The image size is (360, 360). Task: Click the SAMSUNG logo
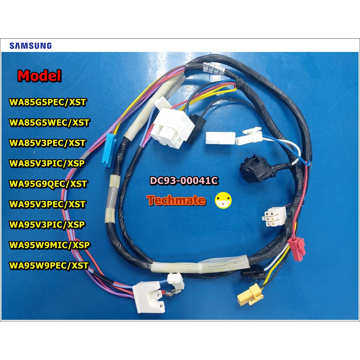(31, 46)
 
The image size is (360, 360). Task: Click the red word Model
(39, 76)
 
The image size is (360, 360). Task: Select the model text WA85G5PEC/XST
(48, 102)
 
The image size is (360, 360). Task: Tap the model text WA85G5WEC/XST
(49, 123)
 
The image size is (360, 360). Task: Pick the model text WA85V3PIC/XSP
(47, 163)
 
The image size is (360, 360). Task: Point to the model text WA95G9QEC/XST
(48, 184)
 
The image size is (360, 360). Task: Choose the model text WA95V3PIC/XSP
(47, 225)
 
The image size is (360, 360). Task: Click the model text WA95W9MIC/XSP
(49, 245)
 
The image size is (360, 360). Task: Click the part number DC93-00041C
(184, 181)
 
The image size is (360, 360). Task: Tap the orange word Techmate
(176, 200)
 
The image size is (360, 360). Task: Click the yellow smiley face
(223, 200)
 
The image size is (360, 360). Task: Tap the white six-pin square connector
(274, 217)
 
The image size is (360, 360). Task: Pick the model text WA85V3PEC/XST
(47, 143)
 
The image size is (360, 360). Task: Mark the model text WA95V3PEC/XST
(47, 204)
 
